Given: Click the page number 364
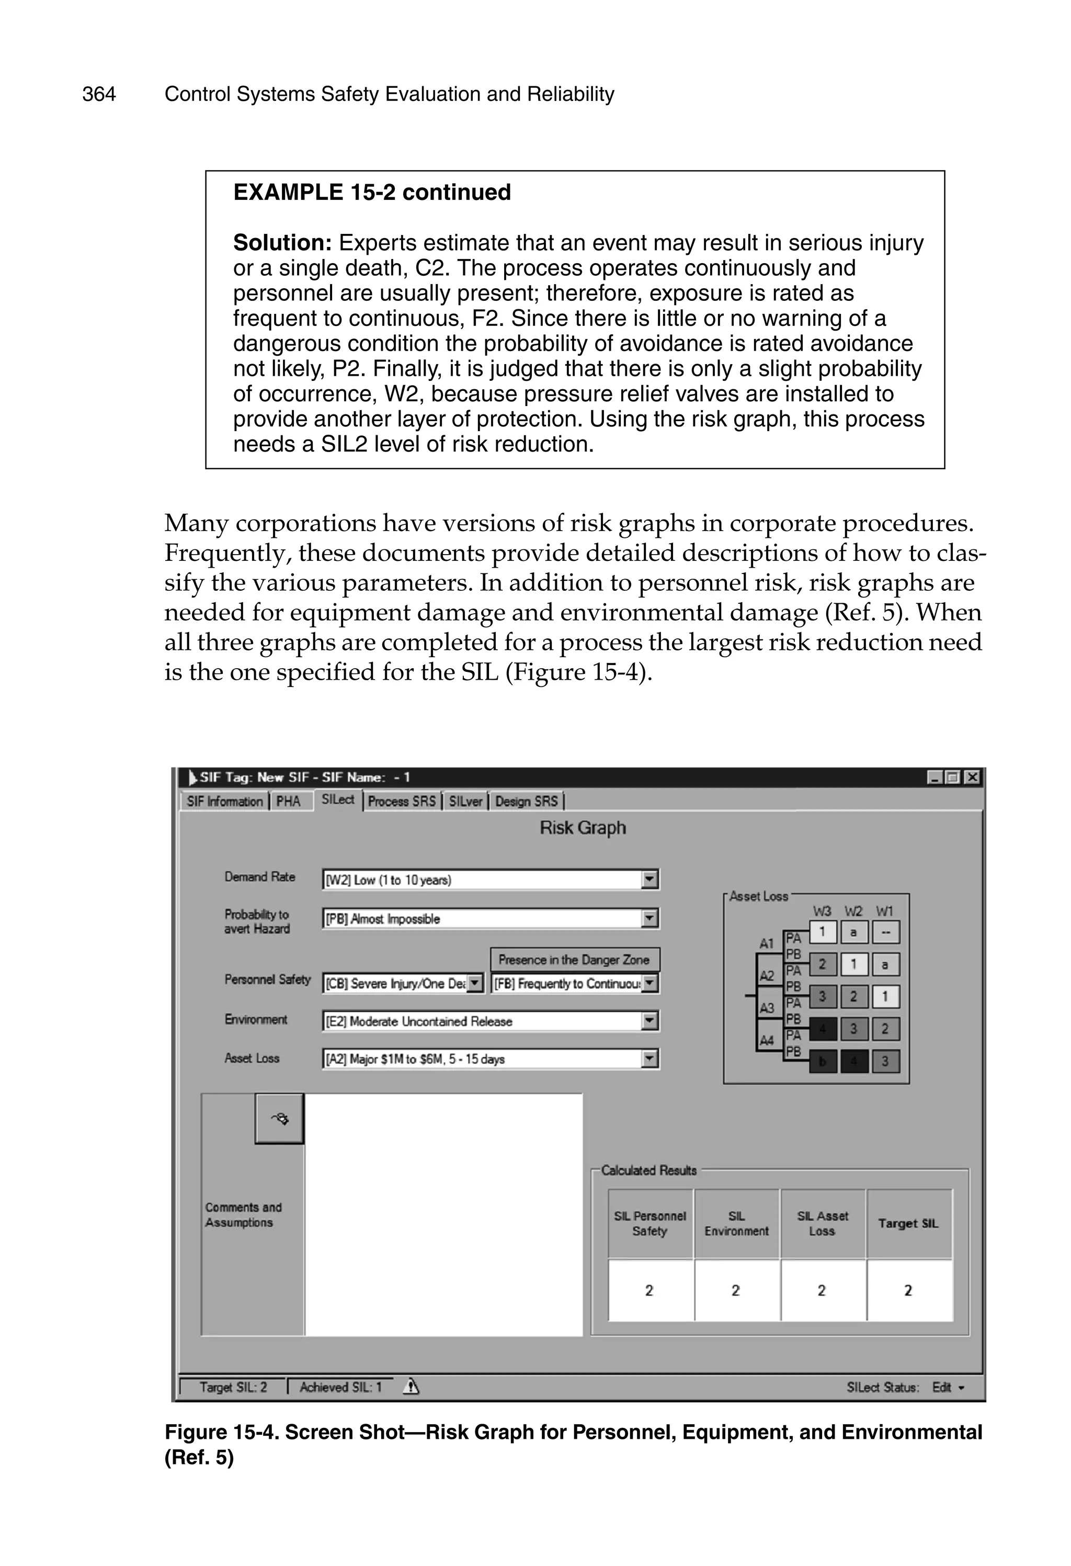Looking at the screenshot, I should pos(99,94).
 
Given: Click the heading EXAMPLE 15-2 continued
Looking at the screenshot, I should pos(372,193).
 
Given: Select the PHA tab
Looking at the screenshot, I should pos(288,801).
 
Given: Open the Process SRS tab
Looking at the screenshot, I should pos(402,801).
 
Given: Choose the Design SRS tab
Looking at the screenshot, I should pos(526,801).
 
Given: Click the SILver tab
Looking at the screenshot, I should pos(465,801).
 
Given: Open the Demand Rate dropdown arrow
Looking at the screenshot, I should pos(650,880).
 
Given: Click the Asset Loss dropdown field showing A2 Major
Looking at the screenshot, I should pos(482,1060).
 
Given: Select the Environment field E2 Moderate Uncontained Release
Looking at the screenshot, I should pos(482,1021).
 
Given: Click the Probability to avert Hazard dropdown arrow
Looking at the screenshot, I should pos(650,918).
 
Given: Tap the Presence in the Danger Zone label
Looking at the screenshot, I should pos(574,960).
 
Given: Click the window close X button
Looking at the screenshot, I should pos(972,778).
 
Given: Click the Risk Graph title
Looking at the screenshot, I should pos(583,828).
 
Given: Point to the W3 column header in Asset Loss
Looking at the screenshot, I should pos(822,911).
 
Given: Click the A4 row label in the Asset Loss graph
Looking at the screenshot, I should pos(767,1040).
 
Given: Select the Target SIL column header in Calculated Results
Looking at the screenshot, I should pos(908,1224).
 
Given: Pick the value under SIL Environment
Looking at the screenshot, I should pos(736,1290).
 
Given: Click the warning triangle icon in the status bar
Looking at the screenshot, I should pos(411,1387).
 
